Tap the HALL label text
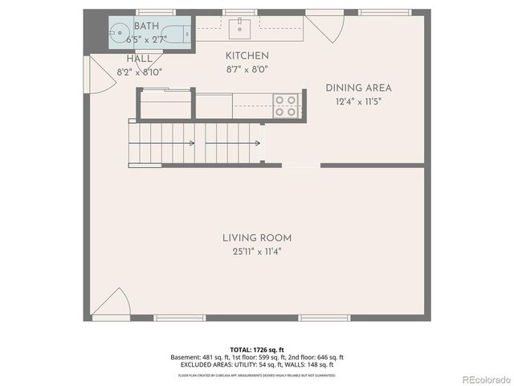[x=139, y=60]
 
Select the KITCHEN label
[x=247, y=55]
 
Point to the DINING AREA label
[x=358, y=88]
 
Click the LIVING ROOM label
[x=257, y=238]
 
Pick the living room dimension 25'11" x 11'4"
[x=257, y=252]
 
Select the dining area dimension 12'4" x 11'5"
[x=358, y=101]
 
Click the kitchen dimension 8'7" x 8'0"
[x=247, y=69]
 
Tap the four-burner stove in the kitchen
[x=285, y=106]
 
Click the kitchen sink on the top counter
[x=238, y=30]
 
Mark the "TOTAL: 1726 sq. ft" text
[x=257, y=350]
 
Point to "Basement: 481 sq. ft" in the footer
[x=198, y=357]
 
